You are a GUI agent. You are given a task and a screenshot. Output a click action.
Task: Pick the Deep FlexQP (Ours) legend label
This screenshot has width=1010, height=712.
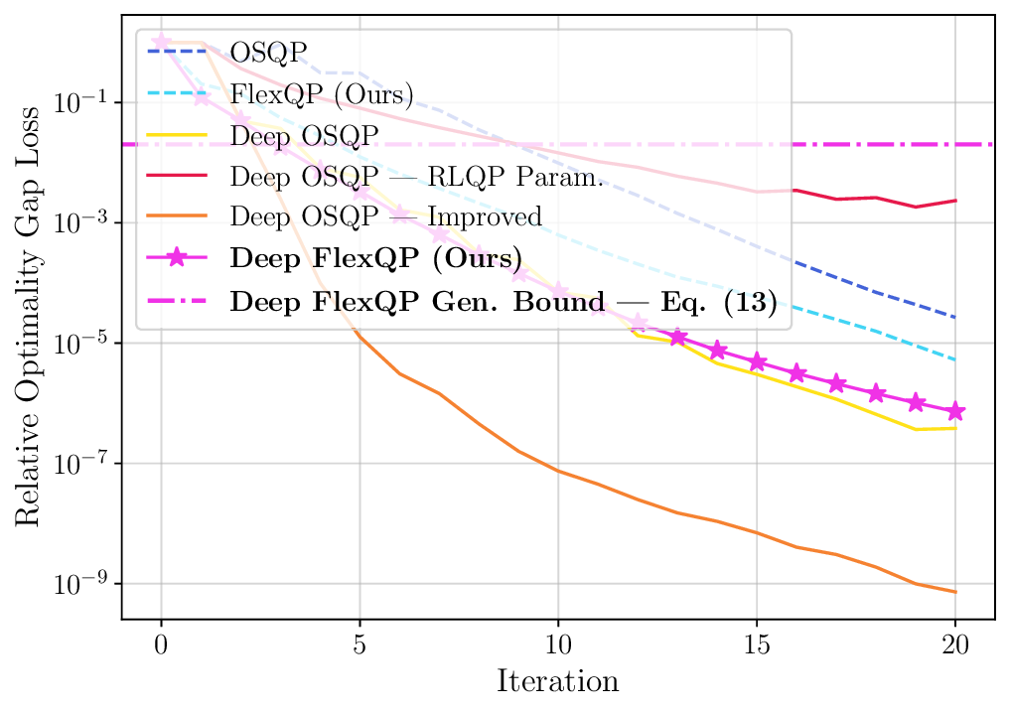(x=375, y=258)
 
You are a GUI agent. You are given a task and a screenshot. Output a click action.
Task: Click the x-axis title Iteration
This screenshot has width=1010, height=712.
(x=557, y=682)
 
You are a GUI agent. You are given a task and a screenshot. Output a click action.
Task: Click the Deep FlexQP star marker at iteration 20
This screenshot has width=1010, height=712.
(x=955, y=411)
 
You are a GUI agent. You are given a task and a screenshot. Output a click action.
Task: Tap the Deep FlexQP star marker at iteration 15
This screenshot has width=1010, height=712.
(x=757, y=361)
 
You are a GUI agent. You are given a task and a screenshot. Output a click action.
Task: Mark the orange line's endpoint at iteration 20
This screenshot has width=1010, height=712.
(x=955, y=592)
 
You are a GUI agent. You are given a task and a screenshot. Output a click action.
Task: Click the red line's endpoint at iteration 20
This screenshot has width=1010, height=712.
(x=955, y=201)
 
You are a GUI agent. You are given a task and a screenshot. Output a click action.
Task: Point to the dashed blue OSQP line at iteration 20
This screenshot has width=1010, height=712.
(x=955, y=318)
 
